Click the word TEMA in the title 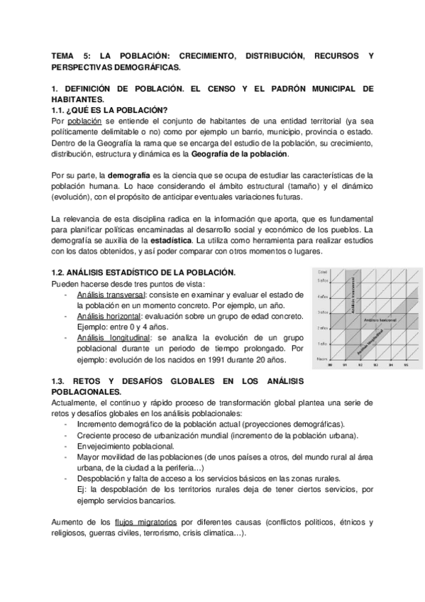(64, 54)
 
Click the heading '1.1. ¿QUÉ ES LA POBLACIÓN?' (109, 110)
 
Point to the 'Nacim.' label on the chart (322, 359)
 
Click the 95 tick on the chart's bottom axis (407, 366)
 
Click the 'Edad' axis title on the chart (322, 272)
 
